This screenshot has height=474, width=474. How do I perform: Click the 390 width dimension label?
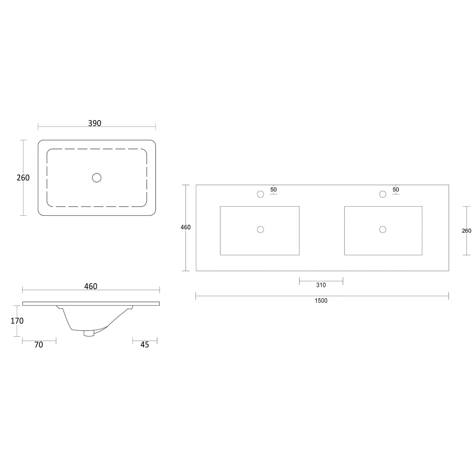[95, 123]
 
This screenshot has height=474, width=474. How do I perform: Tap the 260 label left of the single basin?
[23, 178]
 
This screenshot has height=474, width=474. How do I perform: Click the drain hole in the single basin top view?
[97, 178]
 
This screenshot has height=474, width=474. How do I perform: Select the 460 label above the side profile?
[91, 286]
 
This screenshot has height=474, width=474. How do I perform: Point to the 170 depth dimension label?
[17, 321]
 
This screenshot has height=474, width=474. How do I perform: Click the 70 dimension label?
[39, 345]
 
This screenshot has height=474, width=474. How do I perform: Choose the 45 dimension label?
[145, 345]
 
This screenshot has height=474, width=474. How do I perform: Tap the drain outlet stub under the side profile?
[89, 333]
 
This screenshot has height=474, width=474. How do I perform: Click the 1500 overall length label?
[321, 301]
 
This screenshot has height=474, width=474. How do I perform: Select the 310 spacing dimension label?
[321, 285]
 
